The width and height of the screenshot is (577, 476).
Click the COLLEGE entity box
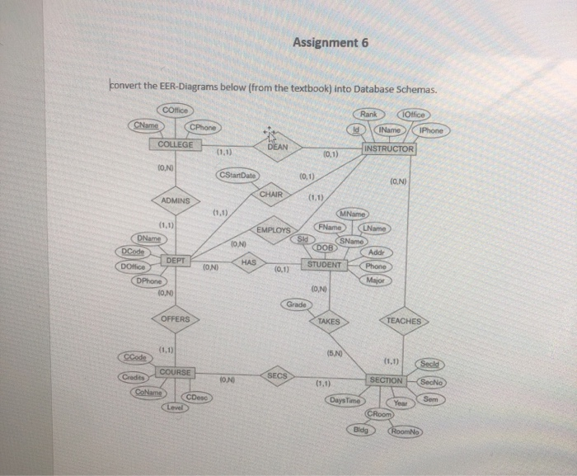(x=176, y=144)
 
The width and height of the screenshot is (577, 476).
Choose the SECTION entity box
(x=387, y=380)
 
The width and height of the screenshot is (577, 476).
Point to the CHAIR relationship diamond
(x=271, y=194)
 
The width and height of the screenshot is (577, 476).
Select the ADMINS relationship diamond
(x=176, y=200)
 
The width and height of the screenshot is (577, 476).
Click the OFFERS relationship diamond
(x=176, y=318)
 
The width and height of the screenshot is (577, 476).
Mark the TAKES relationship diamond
(x=328, y=321)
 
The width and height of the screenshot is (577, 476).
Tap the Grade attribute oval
(x=296, y=304)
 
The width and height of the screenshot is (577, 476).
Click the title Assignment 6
(x=329, y=44)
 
